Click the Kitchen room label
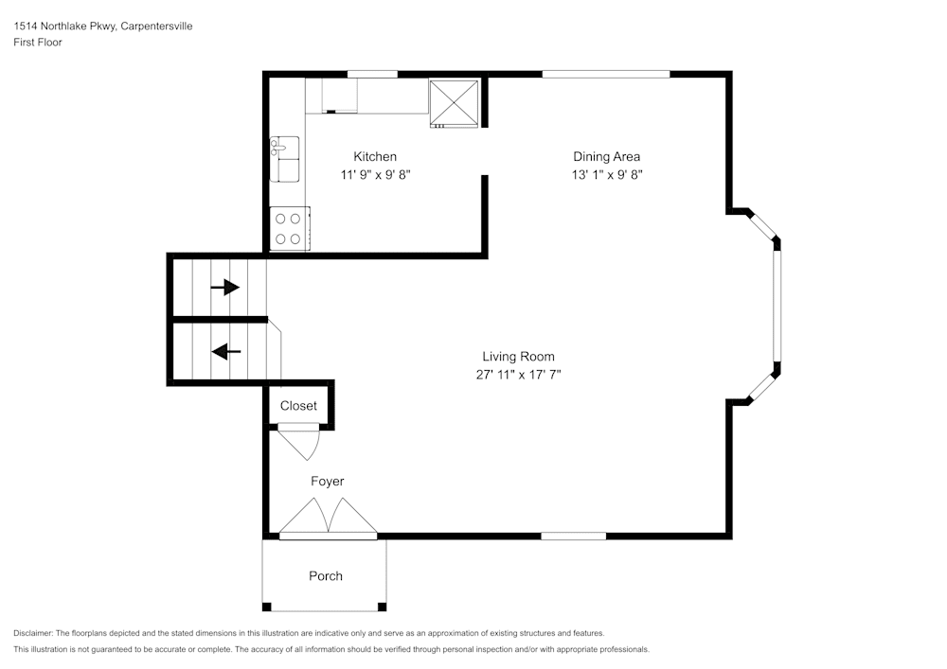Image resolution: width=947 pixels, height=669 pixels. point(375,156)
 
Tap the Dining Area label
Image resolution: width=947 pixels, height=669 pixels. point(606,156)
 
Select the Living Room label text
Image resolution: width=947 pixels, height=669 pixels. point(518,357)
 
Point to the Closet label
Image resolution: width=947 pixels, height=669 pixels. point(298,406)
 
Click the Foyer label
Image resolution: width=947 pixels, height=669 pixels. point(328,482)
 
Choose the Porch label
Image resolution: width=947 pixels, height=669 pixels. point(326,576)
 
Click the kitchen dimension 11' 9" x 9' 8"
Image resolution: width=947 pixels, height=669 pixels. point(375,174)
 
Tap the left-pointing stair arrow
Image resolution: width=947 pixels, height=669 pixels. point(226,352)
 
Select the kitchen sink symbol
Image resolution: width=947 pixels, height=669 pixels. point(284,157)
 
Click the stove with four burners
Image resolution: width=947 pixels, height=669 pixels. point(289,228)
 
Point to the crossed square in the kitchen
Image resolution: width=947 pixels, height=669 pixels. point(455,102)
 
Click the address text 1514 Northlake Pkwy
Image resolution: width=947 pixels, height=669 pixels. point(65,26)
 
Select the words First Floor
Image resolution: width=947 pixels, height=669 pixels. point(38,43)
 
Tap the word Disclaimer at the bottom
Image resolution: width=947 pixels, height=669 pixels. point(33,633)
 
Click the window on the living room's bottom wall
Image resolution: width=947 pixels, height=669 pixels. point(573,536)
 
